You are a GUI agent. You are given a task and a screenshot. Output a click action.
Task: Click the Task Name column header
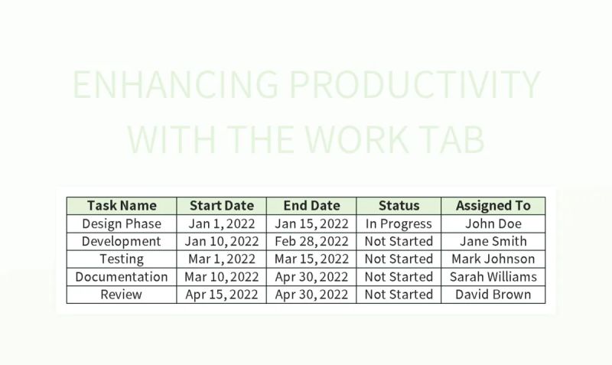(x=122, y=205)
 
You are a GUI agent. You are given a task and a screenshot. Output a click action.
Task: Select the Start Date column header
(x=221, y=205)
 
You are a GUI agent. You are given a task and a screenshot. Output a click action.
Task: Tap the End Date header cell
(x=311, y=205)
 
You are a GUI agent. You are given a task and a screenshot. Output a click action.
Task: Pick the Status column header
(x=399, y=205)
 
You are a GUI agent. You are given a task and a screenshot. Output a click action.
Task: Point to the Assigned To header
(x=493, y=205)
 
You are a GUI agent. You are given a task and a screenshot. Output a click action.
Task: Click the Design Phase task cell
(x=122, y=223)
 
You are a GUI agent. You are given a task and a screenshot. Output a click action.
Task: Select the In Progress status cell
(x=399, y=223)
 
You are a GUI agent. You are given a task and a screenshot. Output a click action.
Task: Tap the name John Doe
(x=493, y=223)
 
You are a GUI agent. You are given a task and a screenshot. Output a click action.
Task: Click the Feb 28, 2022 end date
(x=311, y=241)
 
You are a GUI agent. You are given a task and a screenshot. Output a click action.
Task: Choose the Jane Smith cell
(x=493, y=241)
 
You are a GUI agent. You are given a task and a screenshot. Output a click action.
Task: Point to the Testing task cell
(x=122, y=259)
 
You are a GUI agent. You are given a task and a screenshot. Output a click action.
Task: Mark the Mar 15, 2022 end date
(x=311, y=259)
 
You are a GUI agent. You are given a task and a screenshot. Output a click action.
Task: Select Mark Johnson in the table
(x=493, y=259)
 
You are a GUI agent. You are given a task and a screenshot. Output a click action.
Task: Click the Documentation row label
(x=122, y=276)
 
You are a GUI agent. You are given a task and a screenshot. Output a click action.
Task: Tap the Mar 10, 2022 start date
(x=221, y=276)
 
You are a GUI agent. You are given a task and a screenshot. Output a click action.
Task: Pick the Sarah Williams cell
(x=493, y=276)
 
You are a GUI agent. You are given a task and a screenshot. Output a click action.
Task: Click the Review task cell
(x=122, y=294)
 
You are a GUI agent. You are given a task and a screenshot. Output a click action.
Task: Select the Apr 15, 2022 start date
(x=221, y=294)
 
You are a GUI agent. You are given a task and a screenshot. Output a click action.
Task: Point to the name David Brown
(x=493, y=294)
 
